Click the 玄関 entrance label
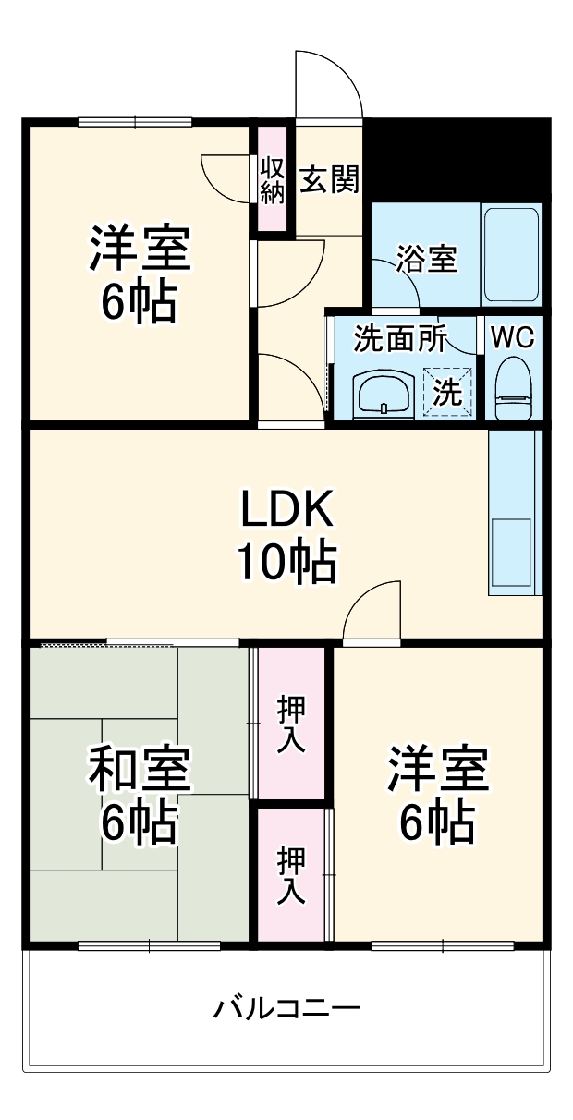[x=329, y=180]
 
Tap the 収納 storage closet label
[x=272, y=180]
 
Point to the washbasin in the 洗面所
[x=384, y=394]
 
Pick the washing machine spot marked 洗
[x=448, y=393]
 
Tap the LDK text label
[x=286, y=511]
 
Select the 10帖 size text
[x=286, y=561]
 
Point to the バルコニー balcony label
[x=286, y=1006]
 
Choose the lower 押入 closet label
[x=291, y=874]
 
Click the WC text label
[x=511, y=337]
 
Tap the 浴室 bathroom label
[x=426, y=260]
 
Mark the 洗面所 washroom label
[x=400, y=339]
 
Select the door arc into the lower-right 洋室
[x=370, y=610]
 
